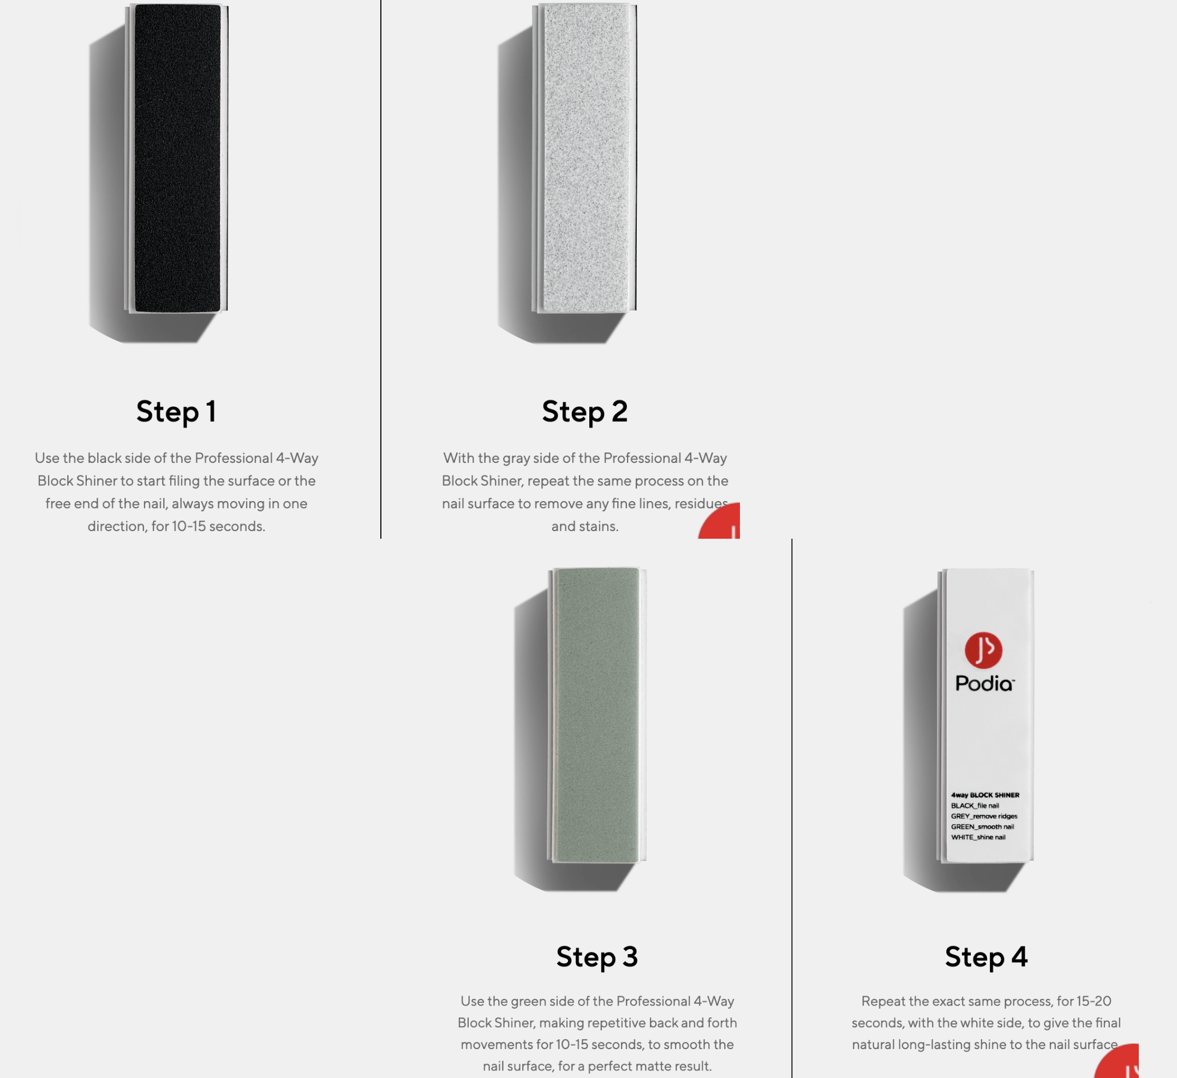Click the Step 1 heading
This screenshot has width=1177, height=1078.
pyautogui.click(x=176, y=412)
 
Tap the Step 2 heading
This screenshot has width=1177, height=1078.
pyautogui.click(x=585, y=412)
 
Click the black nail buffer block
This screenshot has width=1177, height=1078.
pyautogui.click(x=176, y=158)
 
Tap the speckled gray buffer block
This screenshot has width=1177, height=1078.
pyautogui.click(x=584, y=158)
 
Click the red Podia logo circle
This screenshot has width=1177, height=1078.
pyautogui.click(x=984, y=650)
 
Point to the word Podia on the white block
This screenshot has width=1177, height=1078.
pyautogui.click(x=985, y=683)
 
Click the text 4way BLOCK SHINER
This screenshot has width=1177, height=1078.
pyautogui.click(x=985, y=795)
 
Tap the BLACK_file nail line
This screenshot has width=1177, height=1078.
pyautogui.click(x=975, y=805)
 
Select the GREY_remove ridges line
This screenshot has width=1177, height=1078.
pyautogui.click(x=984, y=816)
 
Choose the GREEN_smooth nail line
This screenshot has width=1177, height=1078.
pyautogui.click(x=982, y=826)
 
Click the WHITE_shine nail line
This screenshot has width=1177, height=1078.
pyautogui.click(x=978, y=837)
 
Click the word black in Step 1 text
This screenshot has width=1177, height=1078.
pyautogui.click(x=105, y=458)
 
